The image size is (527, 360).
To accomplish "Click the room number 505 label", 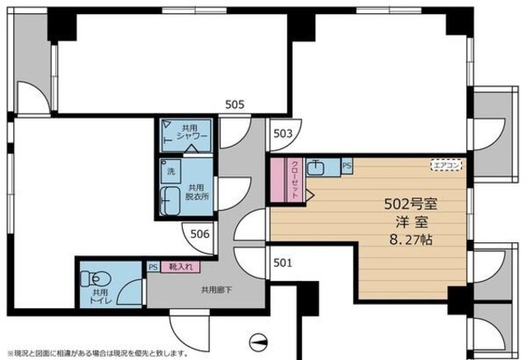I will tap(235, 105).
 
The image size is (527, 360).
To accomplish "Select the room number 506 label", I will tap(200, 234).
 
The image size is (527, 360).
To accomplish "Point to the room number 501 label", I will tap(282, 264).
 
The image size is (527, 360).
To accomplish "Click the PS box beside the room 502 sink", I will tap(347, 166).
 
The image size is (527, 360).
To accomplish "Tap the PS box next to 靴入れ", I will tap(153, 266).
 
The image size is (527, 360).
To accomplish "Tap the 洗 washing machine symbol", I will tap(171, 172).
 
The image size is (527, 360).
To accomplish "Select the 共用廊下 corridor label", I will tap(217, 289).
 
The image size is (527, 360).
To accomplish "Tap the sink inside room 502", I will tap(317, 168).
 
